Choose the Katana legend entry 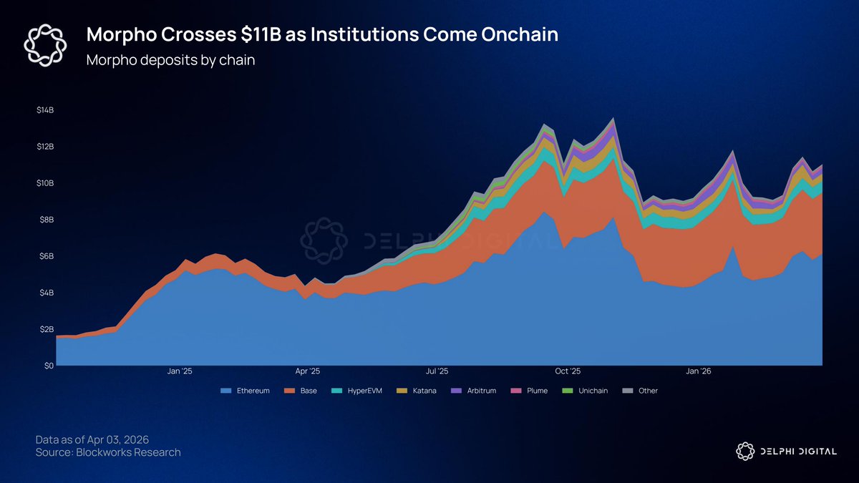[x=414, y=391]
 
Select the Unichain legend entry [x=581, y=391]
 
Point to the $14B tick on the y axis [x=45, y=110]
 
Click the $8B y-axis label [x=46, y=220]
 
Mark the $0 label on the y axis [x=49, y=366]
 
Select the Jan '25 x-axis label [x=179, y=371]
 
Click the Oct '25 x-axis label [x=568, y=371]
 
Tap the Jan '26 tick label [x=699, y=371]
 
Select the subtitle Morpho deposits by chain [x=170, y=60]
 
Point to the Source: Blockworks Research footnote [x=108, y=452]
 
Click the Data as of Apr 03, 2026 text [x=92, y=439]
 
